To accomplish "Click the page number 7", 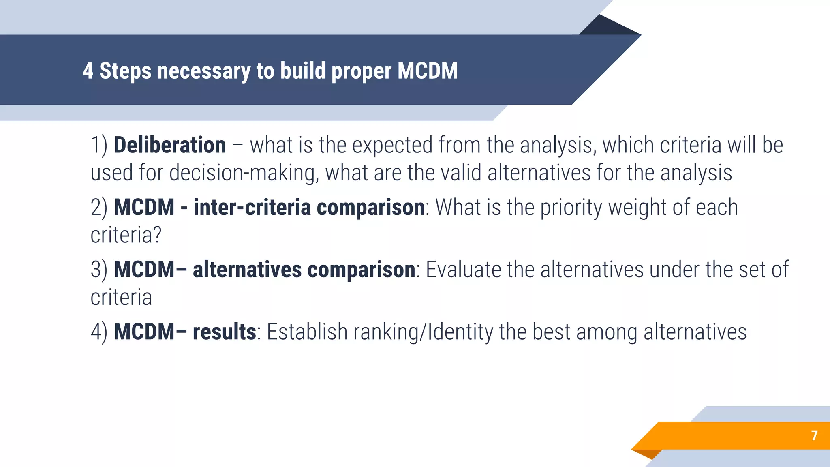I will click(x=814, y=435).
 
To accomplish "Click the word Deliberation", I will click(x=169, y=145).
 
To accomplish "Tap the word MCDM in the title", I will click(x=428, y=71).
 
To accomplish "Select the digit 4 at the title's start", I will click(x=88, y=71).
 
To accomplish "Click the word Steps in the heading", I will click(x=125, y=71).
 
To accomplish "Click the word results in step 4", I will click(x=224, y=332).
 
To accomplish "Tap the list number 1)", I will click(x=99, y=145).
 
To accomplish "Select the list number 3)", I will click(x=99, y=270).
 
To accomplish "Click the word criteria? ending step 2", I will click(x=126, y=235).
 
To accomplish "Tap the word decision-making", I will click(x=242, y=173).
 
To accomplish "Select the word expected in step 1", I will click(x=392, y=145).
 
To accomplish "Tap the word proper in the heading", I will click(x=362, y=71).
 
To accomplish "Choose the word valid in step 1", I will click(x=461, y=173).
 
